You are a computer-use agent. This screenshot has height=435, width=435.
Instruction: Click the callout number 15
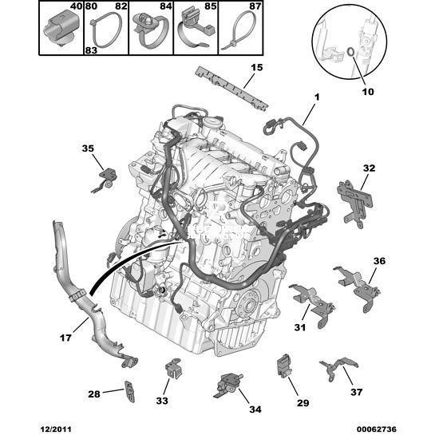(x=257, y=67)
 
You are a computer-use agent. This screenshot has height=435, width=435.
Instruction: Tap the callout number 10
(x=368, y=92)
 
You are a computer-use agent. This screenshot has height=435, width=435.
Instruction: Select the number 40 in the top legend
(x=76, y=6)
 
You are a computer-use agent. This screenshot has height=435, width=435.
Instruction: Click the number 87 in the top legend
(x=255, y=6)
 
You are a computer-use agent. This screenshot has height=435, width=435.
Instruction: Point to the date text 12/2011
(x=56, y=429)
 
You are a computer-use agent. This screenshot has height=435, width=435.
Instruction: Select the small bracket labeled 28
(x=129, y=391)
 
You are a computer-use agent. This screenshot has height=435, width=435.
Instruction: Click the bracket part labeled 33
(x=174, y=368)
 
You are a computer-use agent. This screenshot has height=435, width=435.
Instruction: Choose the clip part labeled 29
(x=283, y=366)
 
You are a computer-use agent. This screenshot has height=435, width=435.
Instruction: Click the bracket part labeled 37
(x=338, y=368)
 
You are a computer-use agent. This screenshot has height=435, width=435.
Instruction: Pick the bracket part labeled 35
(x=105, y=180)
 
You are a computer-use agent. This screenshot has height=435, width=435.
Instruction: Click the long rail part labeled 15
(x=232, y=88)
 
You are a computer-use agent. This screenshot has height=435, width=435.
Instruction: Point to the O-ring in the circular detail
(x=350, y=51)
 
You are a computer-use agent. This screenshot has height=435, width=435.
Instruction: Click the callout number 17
(x=65, y=338)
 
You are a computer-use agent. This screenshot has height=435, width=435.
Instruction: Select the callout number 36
(x=379, y=261)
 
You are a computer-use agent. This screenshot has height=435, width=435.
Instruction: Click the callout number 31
(x=300, y=327)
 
